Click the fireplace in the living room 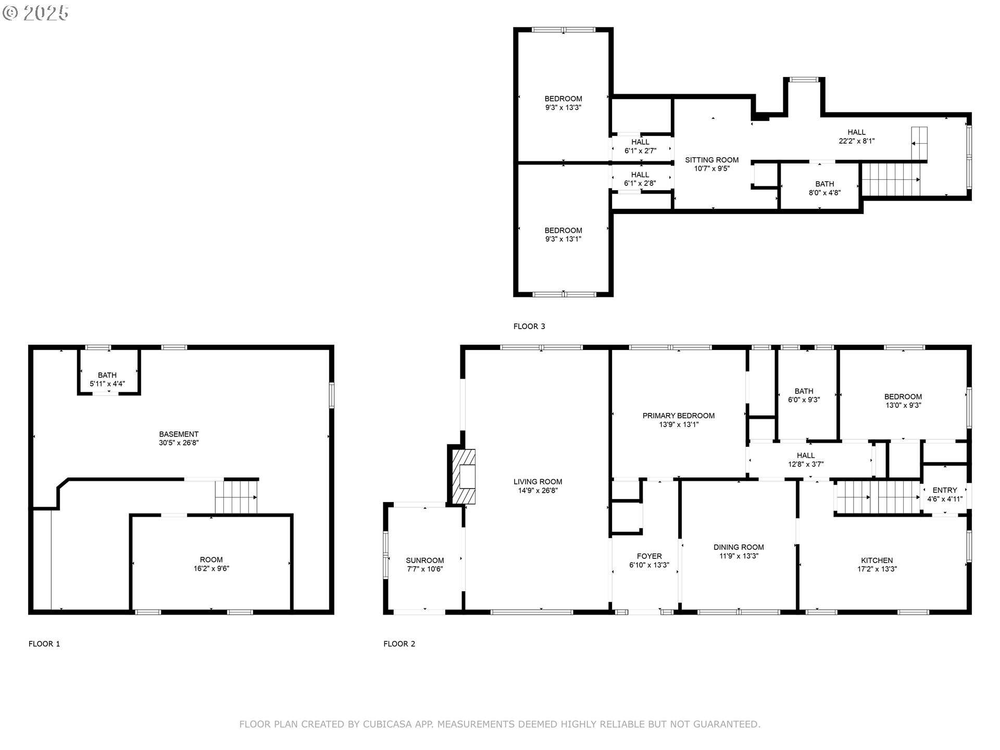pos(464,476)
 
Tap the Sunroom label pos(424,560)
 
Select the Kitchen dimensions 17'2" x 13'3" pos(877,569)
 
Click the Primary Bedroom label pos(678,416)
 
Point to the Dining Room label pos(739,547)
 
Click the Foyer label pos(649,556)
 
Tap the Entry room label pos(945,490)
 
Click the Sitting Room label pos(711,160)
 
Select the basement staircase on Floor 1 pos(236,497)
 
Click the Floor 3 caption pos(529,327)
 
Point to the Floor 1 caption pos(44,644)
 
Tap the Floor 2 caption pos(399,644)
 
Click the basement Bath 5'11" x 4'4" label pos(107,380)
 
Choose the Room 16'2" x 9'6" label pos(211,564)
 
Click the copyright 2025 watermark pos(35,13)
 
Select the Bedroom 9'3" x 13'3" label pos(563,103)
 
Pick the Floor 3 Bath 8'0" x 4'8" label pos(824,188)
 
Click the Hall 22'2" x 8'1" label pos(856,136)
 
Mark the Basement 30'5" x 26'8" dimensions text pos(179,443)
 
